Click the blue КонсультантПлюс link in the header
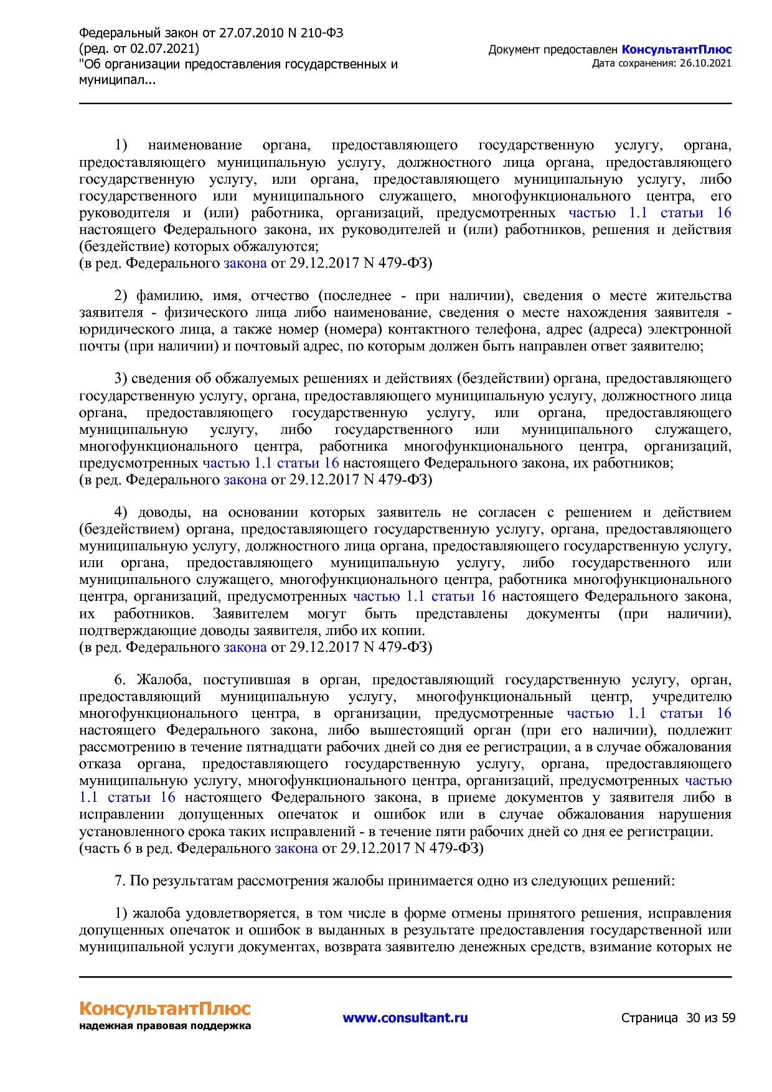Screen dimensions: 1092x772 click(676, 50)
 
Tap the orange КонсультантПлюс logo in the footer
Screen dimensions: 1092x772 click(164, 1008)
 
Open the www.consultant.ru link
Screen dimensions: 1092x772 click(405, 1018)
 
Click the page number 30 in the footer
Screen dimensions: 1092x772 click(693, 1018)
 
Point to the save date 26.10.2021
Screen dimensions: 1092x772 click(706, 63)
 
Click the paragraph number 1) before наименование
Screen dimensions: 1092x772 click(120, 146)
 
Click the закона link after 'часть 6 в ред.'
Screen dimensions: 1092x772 click(296, 848)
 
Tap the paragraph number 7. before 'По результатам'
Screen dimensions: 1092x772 click(120, 881)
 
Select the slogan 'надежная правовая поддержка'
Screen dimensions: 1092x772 click(164, 1026)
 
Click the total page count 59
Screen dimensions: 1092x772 click(728, 1018)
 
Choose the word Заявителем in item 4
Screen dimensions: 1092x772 click(250, 614)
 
